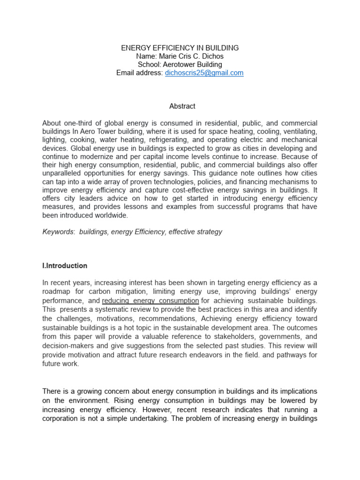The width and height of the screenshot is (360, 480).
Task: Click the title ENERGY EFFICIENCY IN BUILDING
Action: tap(180, 48)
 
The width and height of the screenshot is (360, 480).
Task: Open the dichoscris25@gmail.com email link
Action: tap(204, 73)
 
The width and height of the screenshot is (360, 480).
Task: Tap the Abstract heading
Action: tap(182, 106)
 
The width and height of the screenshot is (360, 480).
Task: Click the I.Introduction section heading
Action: tap(65, 266)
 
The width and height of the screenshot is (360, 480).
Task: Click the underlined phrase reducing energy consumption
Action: tap(150, 300)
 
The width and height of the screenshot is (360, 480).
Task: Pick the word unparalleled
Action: tap(64, 174)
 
